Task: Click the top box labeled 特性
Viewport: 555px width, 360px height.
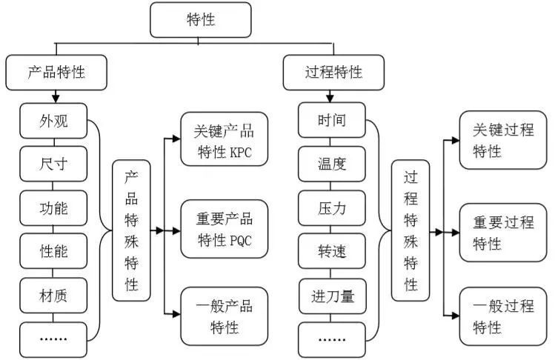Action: [x=200, y=19]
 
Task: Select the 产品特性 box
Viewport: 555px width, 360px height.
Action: [x=56, y=72]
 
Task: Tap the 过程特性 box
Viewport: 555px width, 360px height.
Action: [x=333, y=72]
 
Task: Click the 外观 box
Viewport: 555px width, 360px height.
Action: [x=53, y=121]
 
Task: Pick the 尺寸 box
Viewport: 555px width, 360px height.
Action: [x=53, y=164]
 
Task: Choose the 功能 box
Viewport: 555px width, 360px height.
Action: [x=53, y=208]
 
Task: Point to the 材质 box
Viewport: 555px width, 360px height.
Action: [x=53, y=296]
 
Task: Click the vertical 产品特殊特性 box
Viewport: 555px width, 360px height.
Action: [x=130, y=230]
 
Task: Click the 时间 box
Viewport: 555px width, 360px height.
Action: [x=332, y=121]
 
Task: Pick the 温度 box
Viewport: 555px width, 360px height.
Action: [x=332, y=164]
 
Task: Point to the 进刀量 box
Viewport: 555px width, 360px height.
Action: [x=332, y=296]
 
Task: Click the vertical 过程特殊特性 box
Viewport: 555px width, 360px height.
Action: [x=410, y=230]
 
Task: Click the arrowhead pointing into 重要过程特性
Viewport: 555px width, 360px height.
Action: [x=454, y=232]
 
